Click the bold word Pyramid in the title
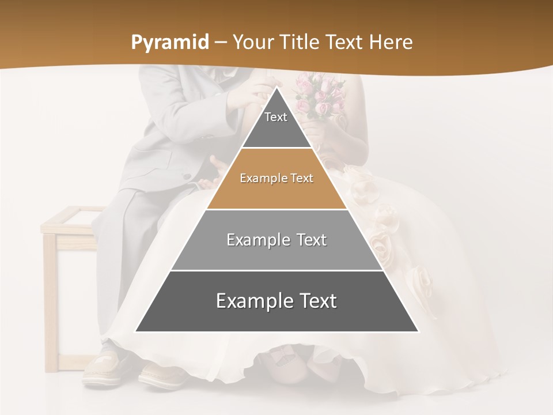[170, 43]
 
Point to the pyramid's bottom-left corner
[135, 331]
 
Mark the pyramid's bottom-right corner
[418, 331]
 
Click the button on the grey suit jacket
[187, 176]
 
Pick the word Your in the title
[252, 43]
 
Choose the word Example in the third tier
[256, 240]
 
